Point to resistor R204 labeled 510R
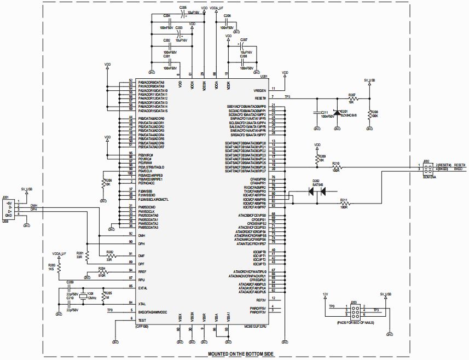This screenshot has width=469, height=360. tap(102, 271)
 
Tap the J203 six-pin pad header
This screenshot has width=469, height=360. tap(355, 312)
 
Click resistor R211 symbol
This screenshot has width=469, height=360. tap(344, 204)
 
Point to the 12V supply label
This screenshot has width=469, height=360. tap(325, 294)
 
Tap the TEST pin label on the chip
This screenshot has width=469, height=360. tap(142, 320)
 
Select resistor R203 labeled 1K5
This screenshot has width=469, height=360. tap(59, 268)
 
